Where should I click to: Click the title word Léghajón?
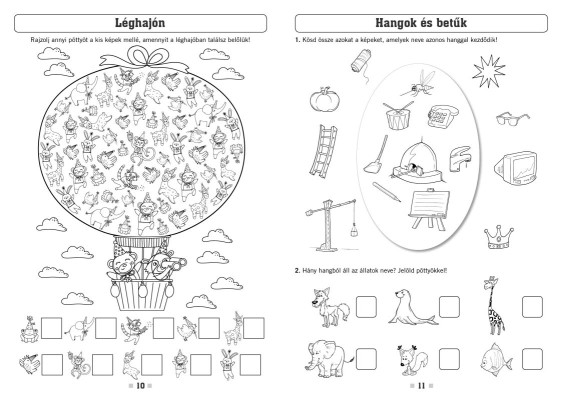[x=140, y=23]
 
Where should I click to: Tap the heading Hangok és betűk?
[x=421, y=23]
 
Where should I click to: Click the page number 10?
[x=140, y=386]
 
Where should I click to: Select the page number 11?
[x=422, y=386]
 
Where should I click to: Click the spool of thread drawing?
[x=361, y=65]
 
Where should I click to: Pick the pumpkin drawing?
[x=324, y=99]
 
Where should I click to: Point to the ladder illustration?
[x=323, y=151]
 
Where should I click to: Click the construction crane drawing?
[x=331, y=224]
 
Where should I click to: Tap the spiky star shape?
[x=488, y=71]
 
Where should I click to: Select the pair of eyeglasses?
[x=512, y=119]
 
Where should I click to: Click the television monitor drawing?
[x=516, y=168]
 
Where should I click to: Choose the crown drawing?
[x=499, y=237]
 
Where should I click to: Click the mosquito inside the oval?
[x=418, y=84]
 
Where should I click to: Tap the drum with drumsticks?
[x=398, y=115]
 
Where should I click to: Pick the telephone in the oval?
[x=442, y=116]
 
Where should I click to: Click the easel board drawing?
[x=429, y=210]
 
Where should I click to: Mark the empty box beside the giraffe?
[x=532, y=307]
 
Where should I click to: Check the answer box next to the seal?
[x=449, y=307]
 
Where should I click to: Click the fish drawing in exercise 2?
[x=496, y=359]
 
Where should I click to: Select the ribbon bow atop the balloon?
[x=144, y=59]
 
